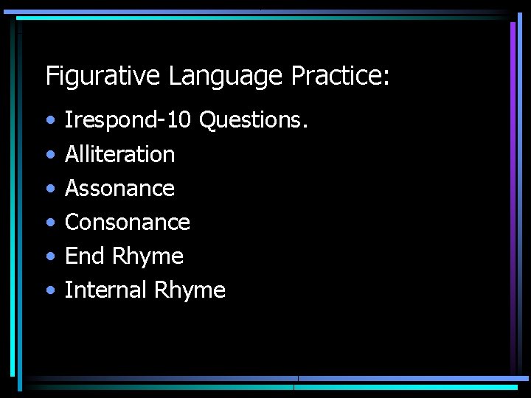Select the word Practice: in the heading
click(x=341, y=76)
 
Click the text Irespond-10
click(x=128, y=120)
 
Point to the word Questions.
click(x=252, y=119)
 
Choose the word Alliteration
click(x=119, y=154)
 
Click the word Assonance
click(x=119, y=189)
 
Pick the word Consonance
click(x=128, y=223)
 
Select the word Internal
click(x=106, y=290)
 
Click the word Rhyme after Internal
click(x=190, y=290)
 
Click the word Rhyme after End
click(x=147, y=256)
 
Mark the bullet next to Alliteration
click(x=49, y=155)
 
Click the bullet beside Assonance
click(x=49, y=189)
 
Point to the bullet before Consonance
click(x=49, y=223)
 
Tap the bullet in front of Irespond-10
click(x=49, y=120)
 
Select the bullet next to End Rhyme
click(x=49, y=256)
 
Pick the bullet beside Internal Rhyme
click(x=49, y=290)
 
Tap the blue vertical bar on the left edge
click(x=13, y=199)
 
